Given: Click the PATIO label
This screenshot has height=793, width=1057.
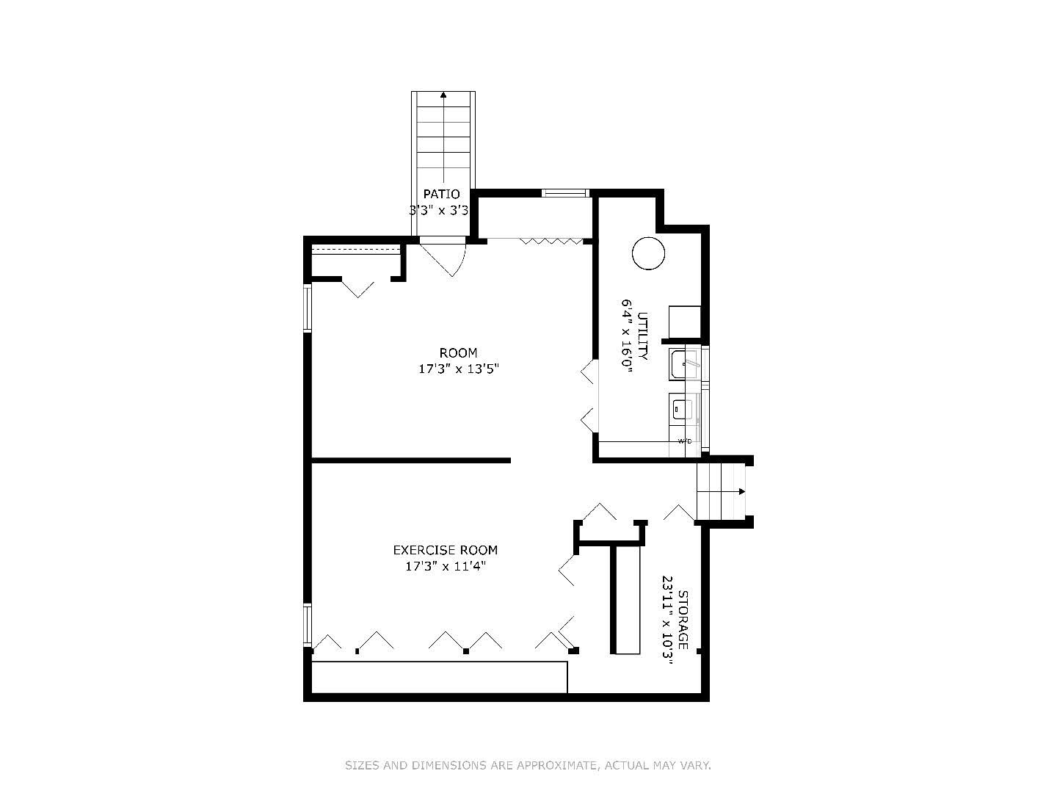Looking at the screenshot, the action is tap(441, 194).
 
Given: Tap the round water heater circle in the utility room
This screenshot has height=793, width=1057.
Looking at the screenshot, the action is tap(648, 253).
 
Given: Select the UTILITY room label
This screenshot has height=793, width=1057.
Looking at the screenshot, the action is tap(642, 336).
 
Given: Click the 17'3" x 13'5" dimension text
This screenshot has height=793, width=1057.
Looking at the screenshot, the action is tap(459, 369).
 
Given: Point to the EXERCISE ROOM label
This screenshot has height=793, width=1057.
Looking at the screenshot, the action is tap(445, 550).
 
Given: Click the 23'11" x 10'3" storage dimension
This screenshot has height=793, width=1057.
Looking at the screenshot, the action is tap(667, 620).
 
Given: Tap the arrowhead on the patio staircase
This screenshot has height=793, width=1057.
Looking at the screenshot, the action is tap(443, 95).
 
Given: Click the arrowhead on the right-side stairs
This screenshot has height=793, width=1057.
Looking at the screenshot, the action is tap(742, 492).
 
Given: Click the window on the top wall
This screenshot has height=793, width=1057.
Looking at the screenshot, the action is tap(565, 193).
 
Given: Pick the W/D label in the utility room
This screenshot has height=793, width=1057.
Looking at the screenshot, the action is tap(684, 441).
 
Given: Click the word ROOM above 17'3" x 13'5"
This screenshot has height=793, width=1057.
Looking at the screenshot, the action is tap(458, 353).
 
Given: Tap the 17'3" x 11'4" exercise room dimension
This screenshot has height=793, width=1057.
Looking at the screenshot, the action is tap(445, 566).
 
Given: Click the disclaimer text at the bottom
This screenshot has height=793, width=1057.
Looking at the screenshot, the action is tap(528, 766).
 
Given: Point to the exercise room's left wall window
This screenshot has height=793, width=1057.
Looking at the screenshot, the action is tap(307, 625).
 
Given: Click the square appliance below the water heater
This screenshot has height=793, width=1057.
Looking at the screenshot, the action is tap(685, 322).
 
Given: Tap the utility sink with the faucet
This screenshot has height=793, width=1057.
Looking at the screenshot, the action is tap(685, 365).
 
